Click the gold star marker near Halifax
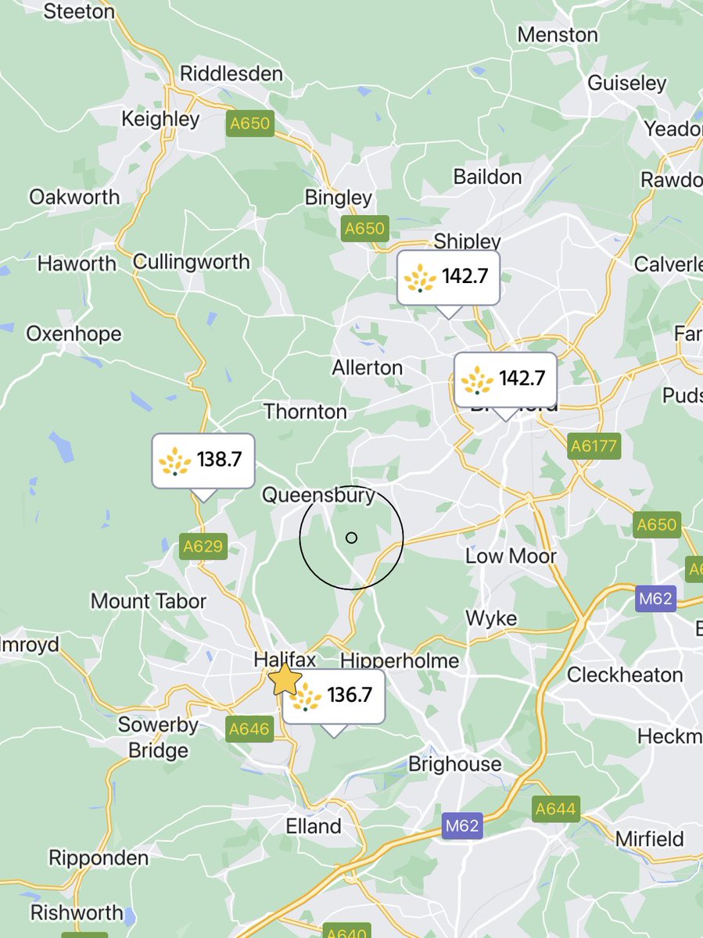(x=285, y=681)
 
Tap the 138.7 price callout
(x=203, y=460)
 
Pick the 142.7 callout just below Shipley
(x=448, y=277)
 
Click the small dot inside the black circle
(x=351, y=537)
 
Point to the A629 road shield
(x=203, y=546)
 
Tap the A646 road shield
(x=249, y=730)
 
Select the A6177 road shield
(x=594, y=447)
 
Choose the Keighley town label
(x=161, y=120)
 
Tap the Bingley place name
(x=339, y=198)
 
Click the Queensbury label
(x=318, y=495)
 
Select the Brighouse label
(x=455, y=764)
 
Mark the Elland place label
(x=314, y=826)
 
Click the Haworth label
(x=77, y=263)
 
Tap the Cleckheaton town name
(x=625, y=675)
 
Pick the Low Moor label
(x=511, y=557)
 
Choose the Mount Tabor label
(x=149, y=601)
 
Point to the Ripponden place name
(x=99, y=857)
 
